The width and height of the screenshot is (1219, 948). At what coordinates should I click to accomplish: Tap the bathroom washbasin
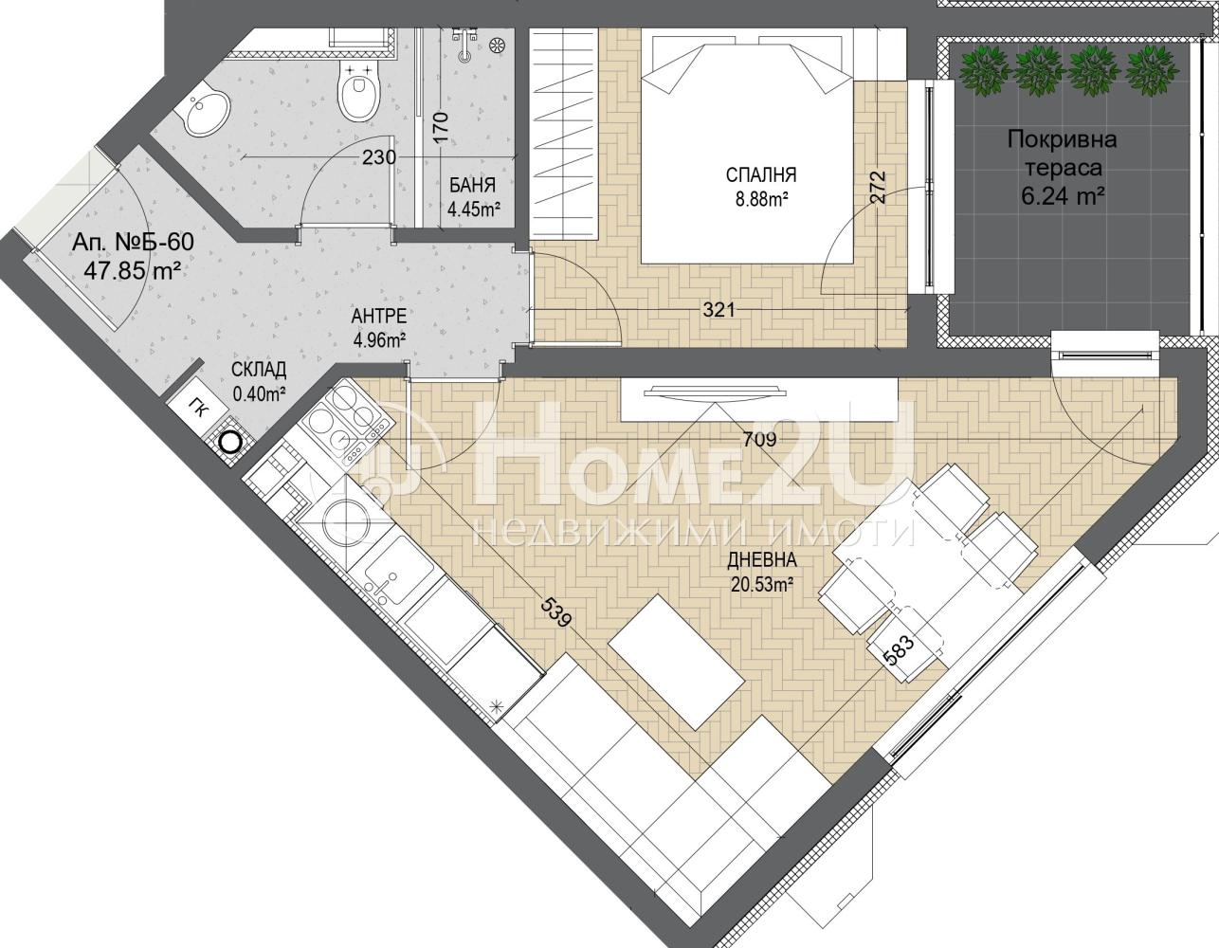[207, 116]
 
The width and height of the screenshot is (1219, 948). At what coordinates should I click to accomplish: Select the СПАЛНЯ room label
[760, 174]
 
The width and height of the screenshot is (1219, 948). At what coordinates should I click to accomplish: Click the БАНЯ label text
[472, 185]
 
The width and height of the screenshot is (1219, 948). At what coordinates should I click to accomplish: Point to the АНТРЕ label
[378, 316]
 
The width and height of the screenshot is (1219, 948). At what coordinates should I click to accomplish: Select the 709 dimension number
[759, 439]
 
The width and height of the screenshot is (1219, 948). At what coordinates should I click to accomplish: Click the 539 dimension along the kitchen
[557, 612]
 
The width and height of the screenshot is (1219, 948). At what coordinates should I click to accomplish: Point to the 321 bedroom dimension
[719, 309]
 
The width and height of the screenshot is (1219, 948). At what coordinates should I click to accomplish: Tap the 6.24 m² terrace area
[1062, 196]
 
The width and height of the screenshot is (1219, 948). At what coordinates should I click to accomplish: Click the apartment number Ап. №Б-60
[133, 243]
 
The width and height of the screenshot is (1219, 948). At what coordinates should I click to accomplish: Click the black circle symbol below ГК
[230, 443]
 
